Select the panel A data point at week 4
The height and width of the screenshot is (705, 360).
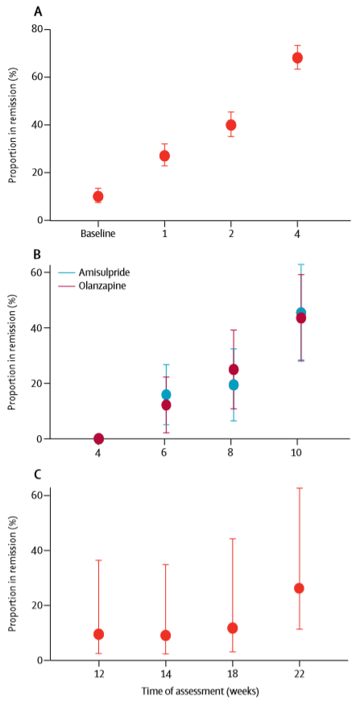(x=297, y=57)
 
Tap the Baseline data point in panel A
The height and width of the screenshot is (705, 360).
(x=98, y=197)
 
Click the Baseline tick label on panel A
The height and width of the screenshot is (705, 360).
(x=98, y=234)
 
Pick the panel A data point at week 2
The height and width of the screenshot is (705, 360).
(x=230, y=125)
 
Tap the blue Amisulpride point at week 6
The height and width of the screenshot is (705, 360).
(x=166, y=394)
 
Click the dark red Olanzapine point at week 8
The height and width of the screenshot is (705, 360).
(x=234, y=370)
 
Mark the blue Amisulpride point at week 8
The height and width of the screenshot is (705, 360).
(x=234, y=385)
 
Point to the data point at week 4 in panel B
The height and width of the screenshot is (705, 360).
(x=98, y=438)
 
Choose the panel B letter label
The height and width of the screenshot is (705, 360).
(x=38, y=255)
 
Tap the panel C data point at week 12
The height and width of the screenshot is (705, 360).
(x=98, y=634)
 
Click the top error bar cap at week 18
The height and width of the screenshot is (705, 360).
(x=233, y=539)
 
